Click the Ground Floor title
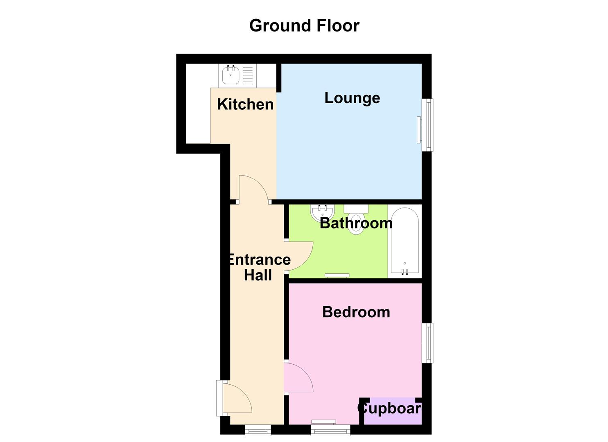304,26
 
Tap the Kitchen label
245,104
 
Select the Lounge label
353,98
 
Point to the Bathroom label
356,223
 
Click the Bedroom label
356,312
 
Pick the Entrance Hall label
260,267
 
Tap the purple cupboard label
389,408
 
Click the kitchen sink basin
231,76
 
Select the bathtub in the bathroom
405,240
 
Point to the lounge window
427,125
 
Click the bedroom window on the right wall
427,343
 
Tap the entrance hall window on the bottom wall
258,430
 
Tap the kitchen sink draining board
248,76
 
